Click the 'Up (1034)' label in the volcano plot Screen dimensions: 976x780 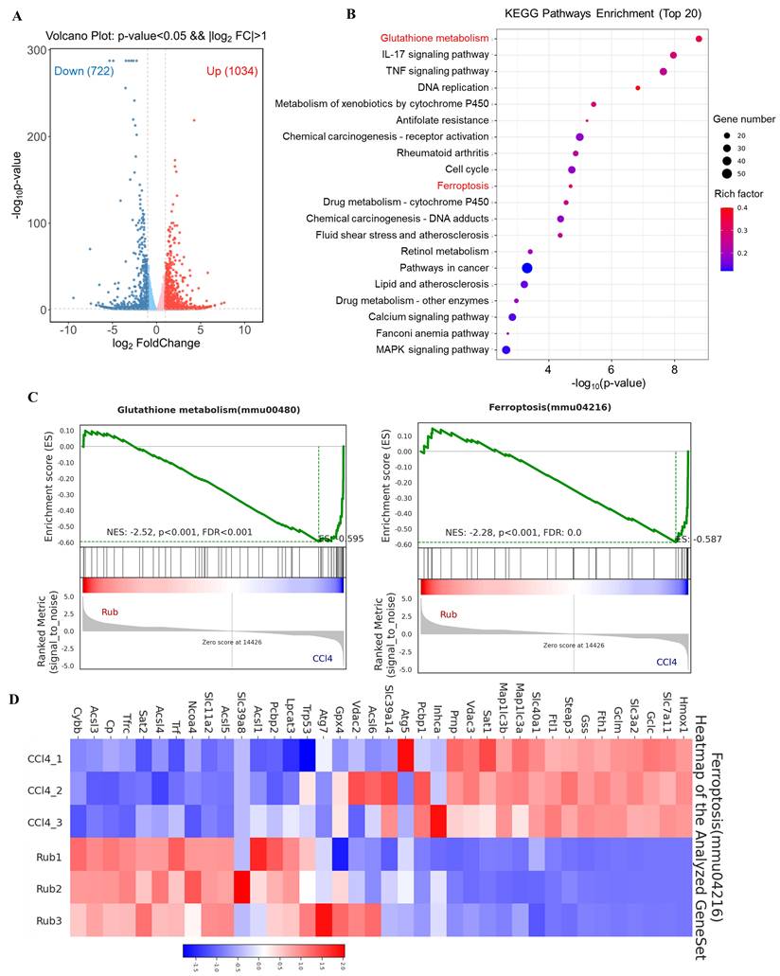tap(230, 71)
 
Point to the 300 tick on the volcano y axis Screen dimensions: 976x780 tap(40, 49)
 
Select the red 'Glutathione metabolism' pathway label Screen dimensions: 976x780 tap(434, 39)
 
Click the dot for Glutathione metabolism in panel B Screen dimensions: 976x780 tap(699, 39)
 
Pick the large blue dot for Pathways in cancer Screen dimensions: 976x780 tap(526, 268)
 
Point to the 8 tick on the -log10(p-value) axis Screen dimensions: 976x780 tap(674, 368)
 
